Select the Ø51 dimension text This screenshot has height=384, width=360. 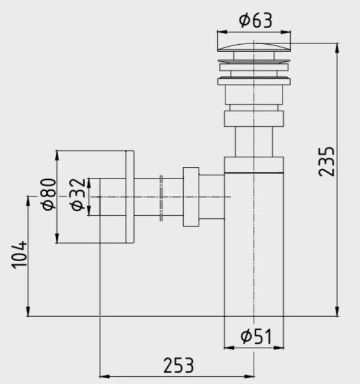pyautogui.click(x=256, y=336)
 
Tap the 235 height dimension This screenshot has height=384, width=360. pyautogui.click(x=327, y=161)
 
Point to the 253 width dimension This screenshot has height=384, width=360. pyautogui.click(x=177, y=365)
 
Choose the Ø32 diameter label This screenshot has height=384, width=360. pyautogui.click(x=77, y=195)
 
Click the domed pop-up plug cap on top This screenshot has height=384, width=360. pyautogui.click(x=253, y=48)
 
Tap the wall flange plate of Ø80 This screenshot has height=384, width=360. pyautogui.click(x=129, y=197)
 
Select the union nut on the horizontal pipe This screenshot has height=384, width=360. pyautogui.click(x=191, y=197)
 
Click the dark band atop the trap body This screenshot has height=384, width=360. pyautogui.click(x=253, y=165)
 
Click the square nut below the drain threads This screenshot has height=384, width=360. pyautogui.click(x=253, y=119)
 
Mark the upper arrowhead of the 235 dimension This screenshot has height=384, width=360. pyautogui.click(x=337, y=47)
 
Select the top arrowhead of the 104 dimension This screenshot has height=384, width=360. pyautogui.click(x=28, y=200)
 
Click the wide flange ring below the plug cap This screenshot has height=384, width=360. pyautogui.click(x=253, y=80)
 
